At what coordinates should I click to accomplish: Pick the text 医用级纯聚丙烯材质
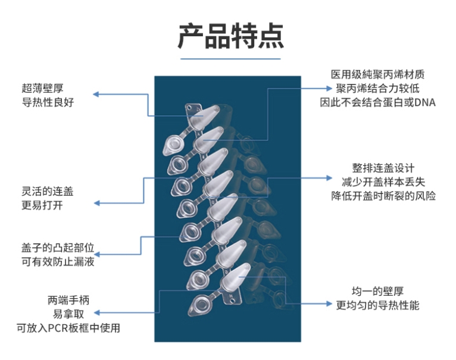click(377, 75)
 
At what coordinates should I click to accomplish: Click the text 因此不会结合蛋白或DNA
click(377, 103)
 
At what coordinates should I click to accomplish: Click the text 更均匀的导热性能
click(377, 306)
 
